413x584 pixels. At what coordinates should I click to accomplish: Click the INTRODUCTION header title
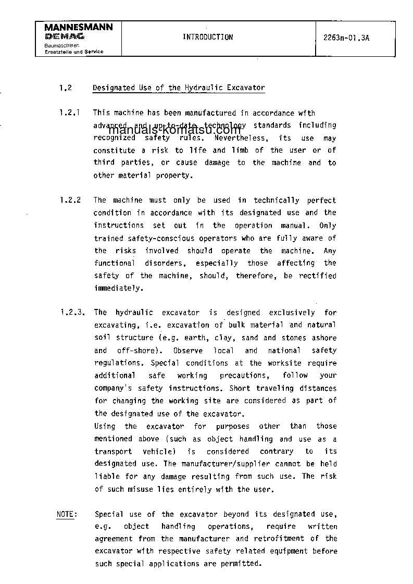(208, 38)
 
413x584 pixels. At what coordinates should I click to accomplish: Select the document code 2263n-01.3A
(346, 38)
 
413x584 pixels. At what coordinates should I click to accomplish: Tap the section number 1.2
(65, 88)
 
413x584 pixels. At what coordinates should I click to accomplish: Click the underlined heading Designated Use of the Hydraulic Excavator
(179, 88)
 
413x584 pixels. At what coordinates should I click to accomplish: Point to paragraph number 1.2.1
(69, 113)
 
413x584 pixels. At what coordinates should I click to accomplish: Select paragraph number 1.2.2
(69, 200)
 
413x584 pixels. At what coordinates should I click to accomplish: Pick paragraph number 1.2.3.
(70, 313)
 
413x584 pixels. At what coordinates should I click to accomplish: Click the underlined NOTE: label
(66, 514)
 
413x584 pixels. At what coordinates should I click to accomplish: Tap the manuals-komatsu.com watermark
(175, 130)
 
